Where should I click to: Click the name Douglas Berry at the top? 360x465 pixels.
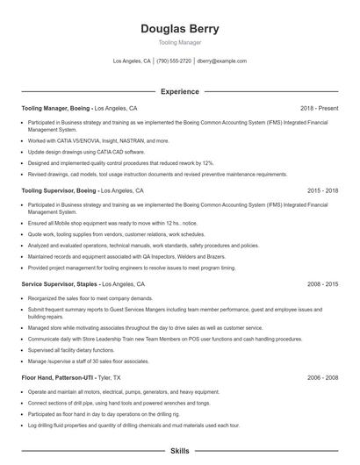pyautogui.click(x=179, y=28)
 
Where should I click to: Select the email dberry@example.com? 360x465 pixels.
pyautogui.click(x=221, y=61)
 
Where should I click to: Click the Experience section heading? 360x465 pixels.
pyautogui.click(x=179, y=91)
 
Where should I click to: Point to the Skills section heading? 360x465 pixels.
pyautogui.click(x=179, y=450)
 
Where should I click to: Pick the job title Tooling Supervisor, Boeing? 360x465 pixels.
pyautogui.click(x=59, y=190)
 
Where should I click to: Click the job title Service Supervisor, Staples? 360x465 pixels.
pyautogui.click(x=59, y=285)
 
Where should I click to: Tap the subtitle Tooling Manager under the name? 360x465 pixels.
pyautogui.click(x=179, y=42)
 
